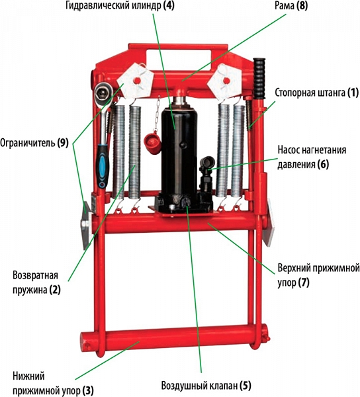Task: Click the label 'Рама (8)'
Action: point(291,5)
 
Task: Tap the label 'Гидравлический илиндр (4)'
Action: point(120,5)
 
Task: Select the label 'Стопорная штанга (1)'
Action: point(317,93)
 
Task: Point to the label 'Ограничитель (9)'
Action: point(34,143)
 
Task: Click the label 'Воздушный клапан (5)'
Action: point(206,385)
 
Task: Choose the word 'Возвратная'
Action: point(36,275)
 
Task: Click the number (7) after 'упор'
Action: point(303,283)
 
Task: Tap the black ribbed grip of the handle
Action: point(259,78)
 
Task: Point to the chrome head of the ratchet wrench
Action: point(104,93)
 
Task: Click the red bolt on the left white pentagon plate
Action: point(138,81)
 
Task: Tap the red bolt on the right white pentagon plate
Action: point(226,81)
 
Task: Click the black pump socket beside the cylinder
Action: point(208,162)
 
